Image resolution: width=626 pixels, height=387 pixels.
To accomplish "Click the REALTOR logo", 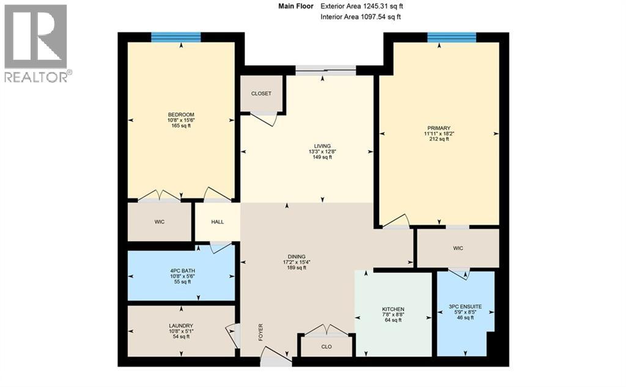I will tap(36, 43).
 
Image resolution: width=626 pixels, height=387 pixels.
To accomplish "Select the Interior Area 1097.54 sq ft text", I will tap(361, 17).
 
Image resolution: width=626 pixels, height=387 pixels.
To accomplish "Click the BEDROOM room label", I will tap(181, 115).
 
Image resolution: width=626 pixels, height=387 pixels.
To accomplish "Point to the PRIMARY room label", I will tap(438, 128).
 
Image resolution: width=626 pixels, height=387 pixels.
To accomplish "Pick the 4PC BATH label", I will tap(181, 270).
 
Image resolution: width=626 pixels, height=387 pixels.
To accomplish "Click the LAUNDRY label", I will tap(181, 325).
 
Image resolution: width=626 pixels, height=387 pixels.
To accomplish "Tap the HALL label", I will tap(217, 222).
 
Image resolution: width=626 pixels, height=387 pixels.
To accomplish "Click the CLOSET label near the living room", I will tap(261, 93).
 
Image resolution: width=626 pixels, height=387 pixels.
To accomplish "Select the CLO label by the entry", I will tap(326, 347).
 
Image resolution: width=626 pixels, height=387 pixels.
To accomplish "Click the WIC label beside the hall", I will tap(160, 221).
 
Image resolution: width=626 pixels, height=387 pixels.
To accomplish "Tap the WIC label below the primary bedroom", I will tap(458, 248).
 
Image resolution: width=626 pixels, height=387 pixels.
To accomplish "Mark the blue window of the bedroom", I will tap(176, 37).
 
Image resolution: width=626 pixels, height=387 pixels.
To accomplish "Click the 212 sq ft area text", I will tap(438, 139).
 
